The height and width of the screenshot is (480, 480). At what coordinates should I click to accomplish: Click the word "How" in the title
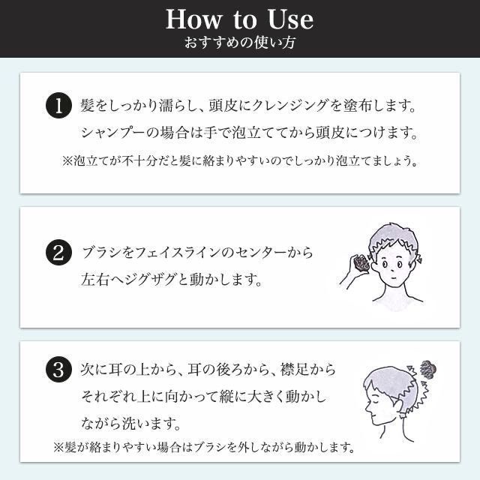click(193, 20)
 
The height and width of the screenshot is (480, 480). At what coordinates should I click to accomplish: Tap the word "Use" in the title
click(290, 20)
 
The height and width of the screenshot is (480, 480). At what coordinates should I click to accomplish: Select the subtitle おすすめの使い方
click(240, 43)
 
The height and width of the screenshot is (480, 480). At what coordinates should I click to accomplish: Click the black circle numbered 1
click(58, 105)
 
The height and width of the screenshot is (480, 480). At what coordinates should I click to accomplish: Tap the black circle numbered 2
click(58, 253)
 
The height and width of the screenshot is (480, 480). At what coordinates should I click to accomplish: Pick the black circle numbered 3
click(58, 369)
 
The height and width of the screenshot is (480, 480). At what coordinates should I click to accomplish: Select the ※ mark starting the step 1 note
click(67, 161)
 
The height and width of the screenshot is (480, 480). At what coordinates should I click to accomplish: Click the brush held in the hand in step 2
click(361, 263)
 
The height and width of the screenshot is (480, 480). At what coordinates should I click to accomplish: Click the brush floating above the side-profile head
click(428, 369)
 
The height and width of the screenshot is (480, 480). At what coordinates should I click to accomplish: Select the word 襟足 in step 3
click(294, 369)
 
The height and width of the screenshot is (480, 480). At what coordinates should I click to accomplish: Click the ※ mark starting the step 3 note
click(58, 448)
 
